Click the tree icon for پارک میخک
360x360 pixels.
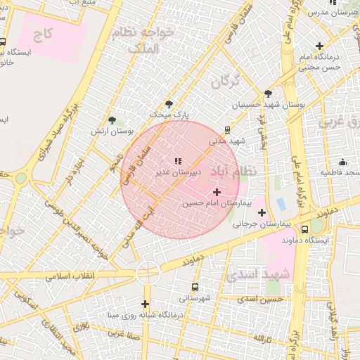(169, 104)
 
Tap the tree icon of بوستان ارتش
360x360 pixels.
(112, 122)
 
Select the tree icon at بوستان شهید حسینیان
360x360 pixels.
(268, 94)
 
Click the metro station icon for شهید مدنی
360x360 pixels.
(227, 130)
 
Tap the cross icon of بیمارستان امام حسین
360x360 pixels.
(216, 191)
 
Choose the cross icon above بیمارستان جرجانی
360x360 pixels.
(262, 212)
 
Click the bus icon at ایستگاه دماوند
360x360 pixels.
(304, 229)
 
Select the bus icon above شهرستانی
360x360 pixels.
(195, 287)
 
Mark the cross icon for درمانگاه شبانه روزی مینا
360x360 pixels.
(146, 304)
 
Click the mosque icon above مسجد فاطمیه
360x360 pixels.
(342, 162)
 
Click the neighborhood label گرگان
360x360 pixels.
(226, 80)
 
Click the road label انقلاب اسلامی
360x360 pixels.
(70, 276)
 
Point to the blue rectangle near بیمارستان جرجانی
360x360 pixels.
(281, 205)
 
